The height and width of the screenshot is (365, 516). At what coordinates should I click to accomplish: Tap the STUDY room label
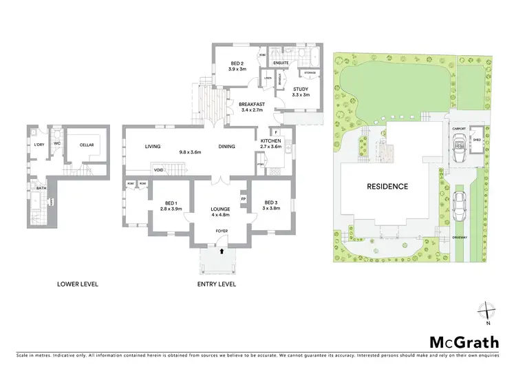click(x=300, y=89)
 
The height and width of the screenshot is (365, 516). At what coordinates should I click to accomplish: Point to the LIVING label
click(x=152, y=146)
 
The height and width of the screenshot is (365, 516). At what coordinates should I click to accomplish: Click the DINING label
click(x=226, y=146)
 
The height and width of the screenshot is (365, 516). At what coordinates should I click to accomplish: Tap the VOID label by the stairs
click(x=158, y=169)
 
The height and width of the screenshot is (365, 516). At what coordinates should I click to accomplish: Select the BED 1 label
click(x=171, y=203)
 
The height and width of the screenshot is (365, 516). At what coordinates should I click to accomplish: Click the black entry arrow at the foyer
click(x=222, y=251)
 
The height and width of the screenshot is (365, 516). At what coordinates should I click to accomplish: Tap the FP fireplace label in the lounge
click(x=243, y=200)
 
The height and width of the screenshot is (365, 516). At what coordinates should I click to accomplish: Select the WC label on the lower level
click(x=57, y=144)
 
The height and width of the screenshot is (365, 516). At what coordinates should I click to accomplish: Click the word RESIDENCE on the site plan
click(x=387, y=187)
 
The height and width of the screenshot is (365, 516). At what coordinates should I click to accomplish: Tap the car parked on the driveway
click(x=459, y=204)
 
